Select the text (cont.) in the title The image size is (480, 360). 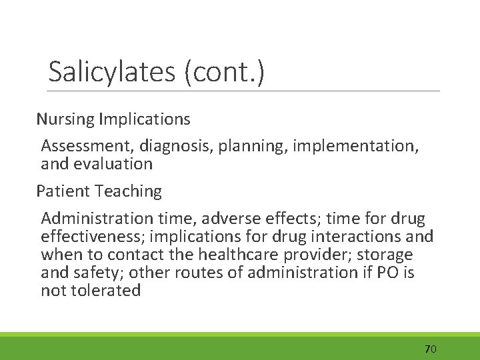click(226, 71)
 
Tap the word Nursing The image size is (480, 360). click(65, 120)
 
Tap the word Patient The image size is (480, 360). click(63, 191)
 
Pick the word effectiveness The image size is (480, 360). click(89, 237)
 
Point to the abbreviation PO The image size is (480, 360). click(387, 273)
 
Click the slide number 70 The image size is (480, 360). click(430, 349)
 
